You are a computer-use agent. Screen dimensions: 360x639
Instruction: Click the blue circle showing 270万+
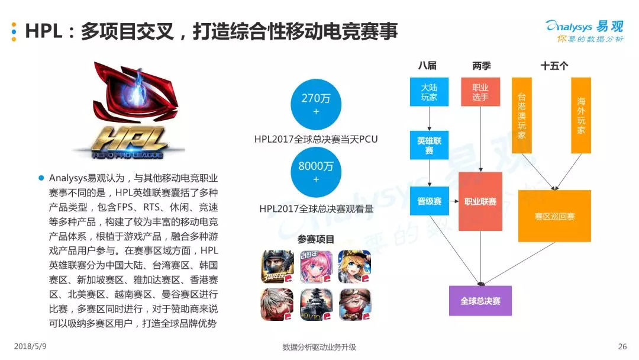point(315,104)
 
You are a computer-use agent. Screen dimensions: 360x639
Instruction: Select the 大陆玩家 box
point(430,92)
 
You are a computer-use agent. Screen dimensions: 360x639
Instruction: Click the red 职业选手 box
point(480,92)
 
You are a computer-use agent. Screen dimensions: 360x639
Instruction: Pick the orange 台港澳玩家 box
point(521,115)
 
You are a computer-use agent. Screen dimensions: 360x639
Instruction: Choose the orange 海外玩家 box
point(581,115)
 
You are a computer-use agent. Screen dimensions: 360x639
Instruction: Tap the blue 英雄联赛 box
point(430,146)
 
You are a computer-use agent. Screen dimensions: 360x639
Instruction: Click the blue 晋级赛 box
point(430,201)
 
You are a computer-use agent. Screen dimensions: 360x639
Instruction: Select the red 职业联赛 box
point(480,201)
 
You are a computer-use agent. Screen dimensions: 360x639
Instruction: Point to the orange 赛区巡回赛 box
point(554,216)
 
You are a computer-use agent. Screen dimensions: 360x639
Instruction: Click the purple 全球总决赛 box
point(480,301)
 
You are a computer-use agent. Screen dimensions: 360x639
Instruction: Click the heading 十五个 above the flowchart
point(554,66)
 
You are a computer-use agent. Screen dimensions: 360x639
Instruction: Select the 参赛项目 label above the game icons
point(316,239)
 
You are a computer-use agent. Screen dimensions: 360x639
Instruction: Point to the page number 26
point(622,346)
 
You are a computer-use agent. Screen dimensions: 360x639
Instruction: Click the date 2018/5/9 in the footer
point(30,346)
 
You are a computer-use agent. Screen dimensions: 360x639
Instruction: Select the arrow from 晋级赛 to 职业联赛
point(454,201)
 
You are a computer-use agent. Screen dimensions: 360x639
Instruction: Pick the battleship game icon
point(316,304)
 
